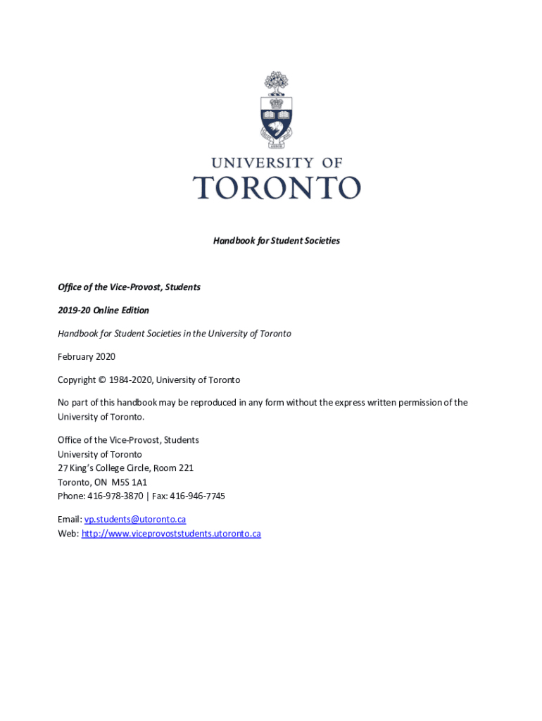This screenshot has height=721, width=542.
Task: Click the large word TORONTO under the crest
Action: click(x=277, y=188)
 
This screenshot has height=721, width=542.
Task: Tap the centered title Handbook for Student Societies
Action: click(x=277, y=241)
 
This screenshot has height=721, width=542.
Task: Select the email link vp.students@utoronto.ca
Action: click(x=135, y=520)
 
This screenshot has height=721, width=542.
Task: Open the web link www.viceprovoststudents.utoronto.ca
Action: click(x=171, y=534)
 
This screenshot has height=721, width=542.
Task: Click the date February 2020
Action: click(x=87, y=357)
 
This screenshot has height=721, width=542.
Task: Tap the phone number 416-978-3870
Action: click(x=115, y=496)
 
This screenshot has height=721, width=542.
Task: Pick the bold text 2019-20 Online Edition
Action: click(x=103, y=311)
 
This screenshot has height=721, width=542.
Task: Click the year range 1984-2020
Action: click(x=130, y=380)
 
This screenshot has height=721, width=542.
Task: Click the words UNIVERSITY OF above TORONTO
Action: click(x=277, y=163)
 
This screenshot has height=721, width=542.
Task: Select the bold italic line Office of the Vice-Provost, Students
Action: click(x=129, y=287)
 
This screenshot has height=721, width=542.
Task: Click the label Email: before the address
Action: click(x=70, y=520)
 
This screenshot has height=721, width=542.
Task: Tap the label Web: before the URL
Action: click(x=68, y=534)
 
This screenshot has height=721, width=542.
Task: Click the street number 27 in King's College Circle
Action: click(x=63, y=468)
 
